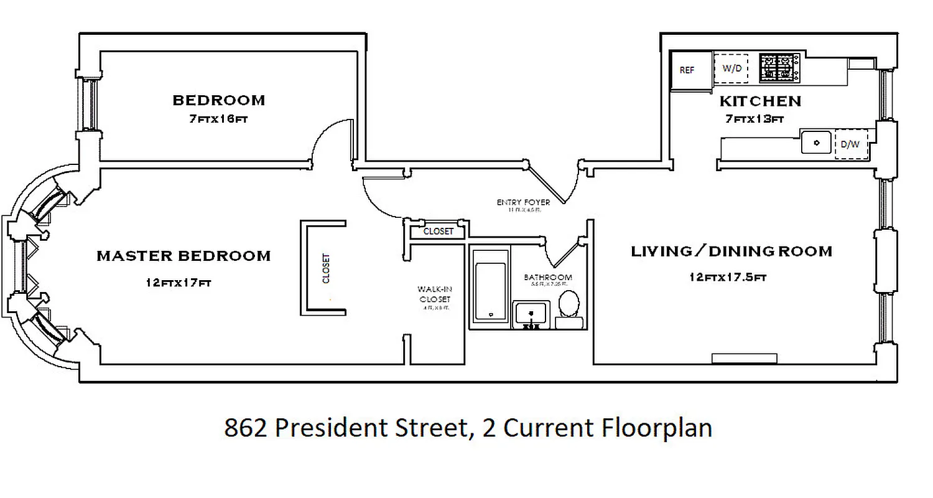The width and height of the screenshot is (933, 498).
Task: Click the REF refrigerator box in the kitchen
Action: [687, 70]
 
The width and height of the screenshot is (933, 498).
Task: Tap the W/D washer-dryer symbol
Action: [731, 68]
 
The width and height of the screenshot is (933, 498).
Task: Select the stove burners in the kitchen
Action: [779, 68]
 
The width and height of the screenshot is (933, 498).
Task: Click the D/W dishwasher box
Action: [850, 144]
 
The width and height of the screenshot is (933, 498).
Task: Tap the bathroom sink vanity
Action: [531, 313]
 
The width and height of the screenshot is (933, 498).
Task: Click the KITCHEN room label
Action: [760, 101]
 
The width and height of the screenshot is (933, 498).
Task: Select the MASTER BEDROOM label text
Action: [183, 256]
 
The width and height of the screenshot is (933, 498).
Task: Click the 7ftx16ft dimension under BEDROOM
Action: [218, 119]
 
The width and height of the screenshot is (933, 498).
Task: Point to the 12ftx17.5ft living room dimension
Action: [727, 277]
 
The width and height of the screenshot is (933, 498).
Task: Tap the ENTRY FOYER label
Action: [523, 203]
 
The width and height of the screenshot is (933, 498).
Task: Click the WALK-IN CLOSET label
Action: [434, 294]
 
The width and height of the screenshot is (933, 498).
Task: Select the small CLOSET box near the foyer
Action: [438, 231]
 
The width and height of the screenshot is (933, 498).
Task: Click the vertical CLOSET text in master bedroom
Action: [326, 268]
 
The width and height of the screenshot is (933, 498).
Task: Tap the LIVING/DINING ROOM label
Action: [731, 251]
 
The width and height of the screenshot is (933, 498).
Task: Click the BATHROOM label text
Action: [547, 277]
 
